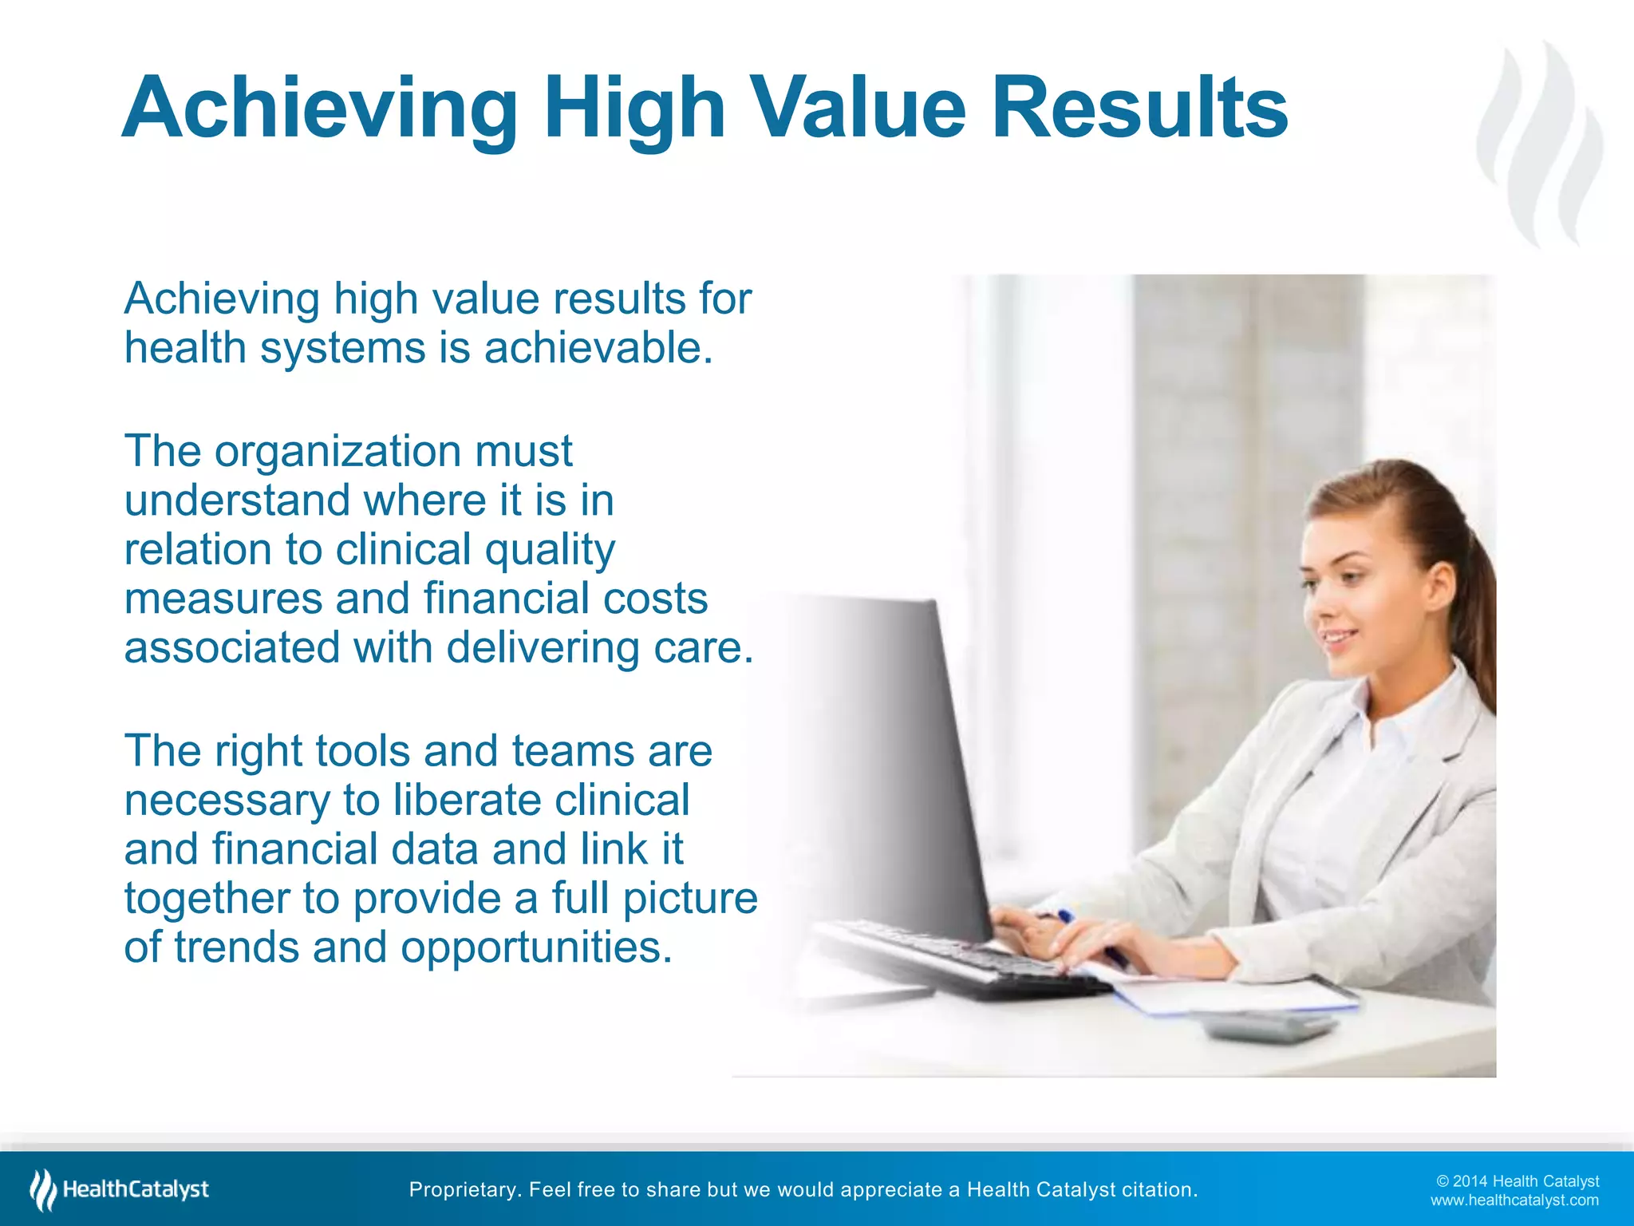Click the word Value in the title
(858, 107)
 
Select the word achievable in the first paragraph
(598, 348)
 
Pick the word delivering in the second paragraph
(543, 647)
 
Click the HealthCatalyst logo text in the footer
(136, 1189)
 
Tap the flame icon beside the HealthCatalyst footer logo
(43, 1189)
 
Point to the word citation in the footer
(1159, 1190)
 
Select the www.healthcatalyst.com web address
(1514, 1200)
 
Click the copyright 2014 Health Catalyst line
(1518, 1181)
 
